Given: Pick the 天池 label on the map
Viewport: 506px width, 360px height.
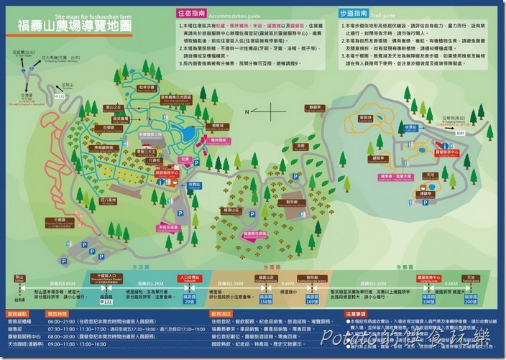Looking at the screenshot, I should (451, 175).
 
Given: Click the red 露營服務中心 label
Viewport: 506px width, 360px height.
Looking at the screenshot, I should (447, 152).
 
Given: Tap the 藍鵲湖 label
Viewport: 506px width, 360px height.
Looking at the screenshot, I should (365, 117).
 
